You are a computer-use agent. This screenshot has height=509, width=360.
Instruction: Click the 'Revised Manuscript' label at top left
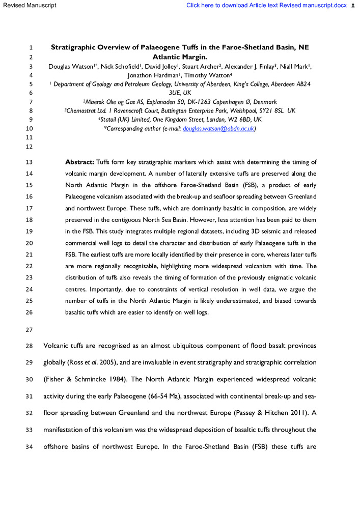[x=29, y=6]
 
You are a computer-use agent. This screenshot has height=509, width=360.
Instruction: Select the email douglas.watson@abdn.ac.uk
[x=218, y=128]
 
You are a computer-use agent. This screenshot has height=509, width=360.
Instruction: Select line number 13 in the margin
[x=29, y=162]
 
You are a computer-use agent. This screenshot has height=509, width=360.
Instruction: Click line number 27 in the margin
[x=29, y=328]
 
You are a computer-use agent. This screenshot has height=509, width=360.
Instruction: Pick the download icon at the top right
[x=354, y=6]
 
